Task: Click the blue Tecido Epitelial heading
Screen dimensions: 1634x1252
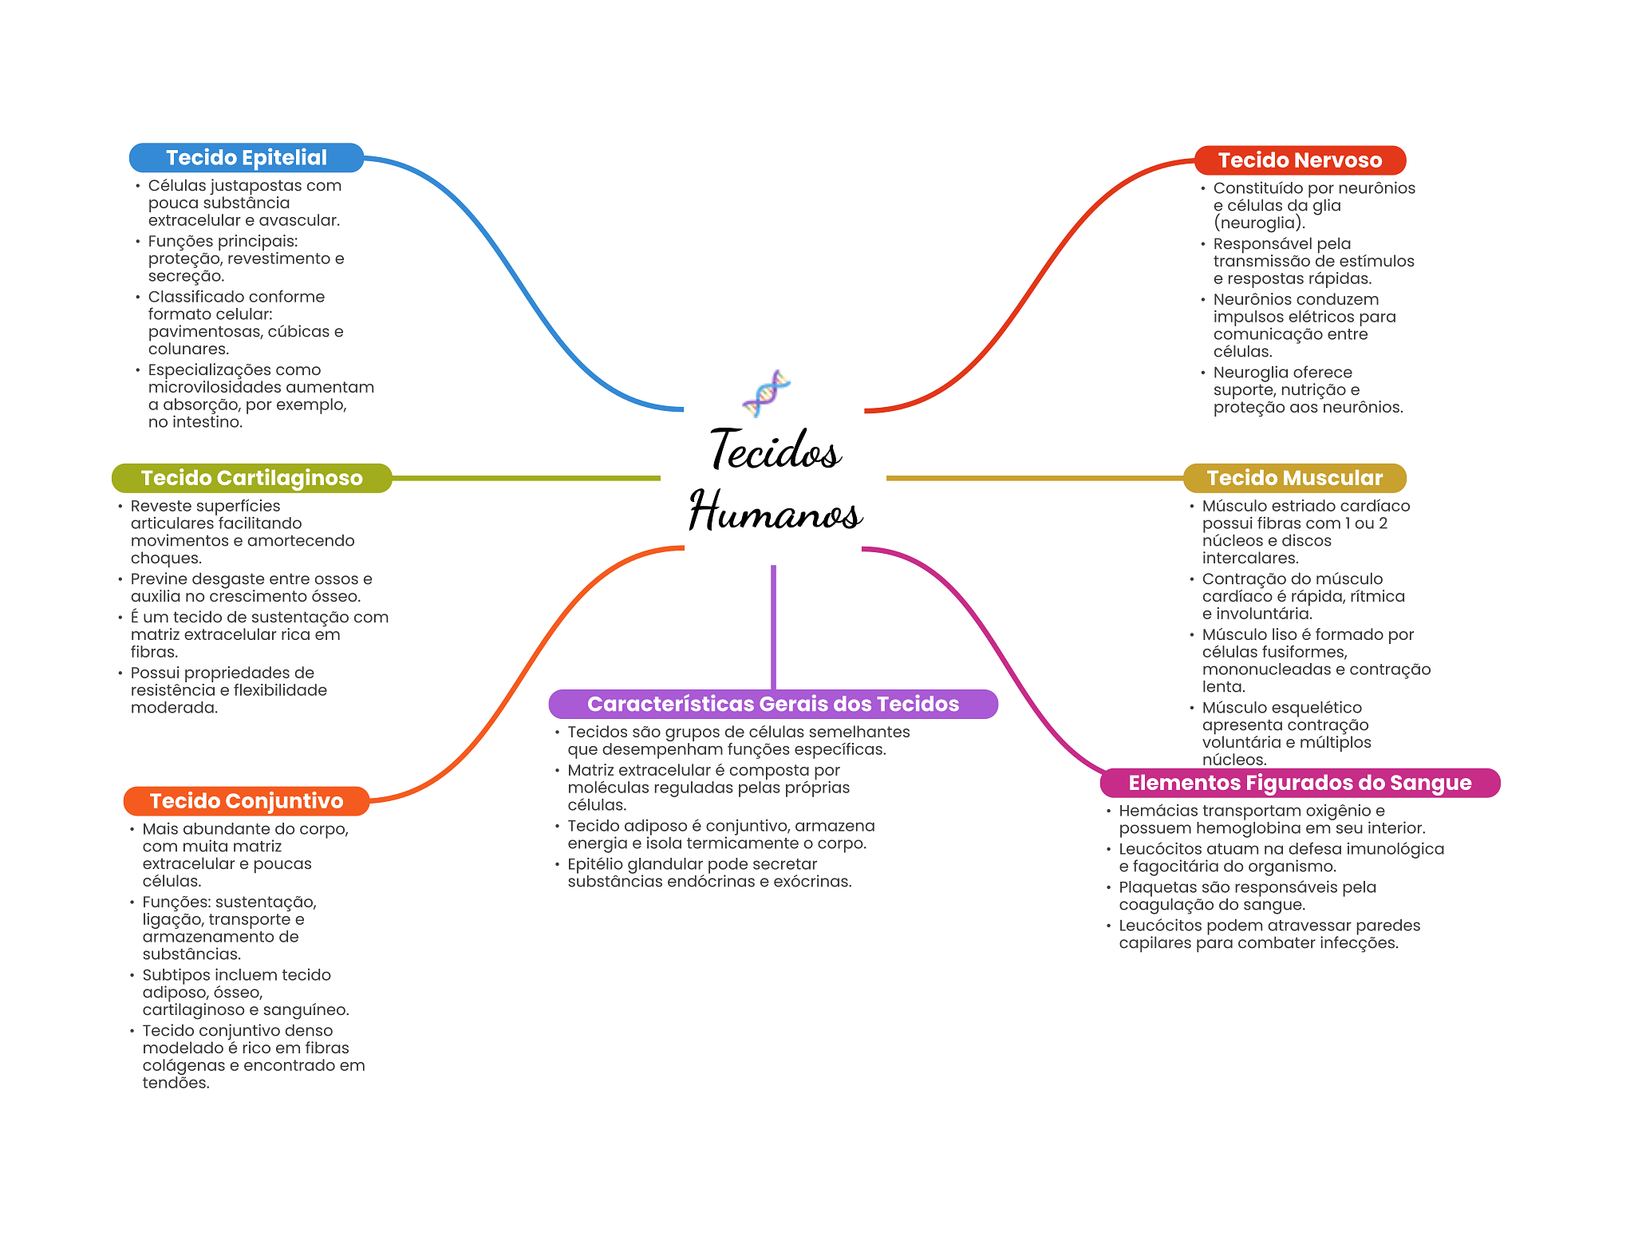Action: [x=247, y=158]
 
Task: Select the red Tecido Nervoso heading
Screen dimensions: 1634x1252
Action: [x=1300, y=160]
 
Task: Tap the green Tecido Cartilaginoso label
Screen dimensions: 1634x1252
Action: [x=252, y=478]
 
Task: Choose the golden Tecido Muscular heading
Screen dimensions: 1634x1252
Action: [x=1294, y=478]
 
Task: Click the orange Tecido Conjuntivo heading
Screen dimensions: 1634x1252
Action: [x=247, y=801]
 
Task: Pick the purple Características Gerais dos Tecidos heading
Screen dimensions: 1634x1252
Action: [x=773, y=704]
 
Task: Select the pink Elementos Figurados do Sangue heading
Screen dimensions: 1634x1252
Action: [x=1300, y=783]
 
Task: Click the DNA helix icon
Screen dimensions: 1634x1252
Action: [x=766, y=393]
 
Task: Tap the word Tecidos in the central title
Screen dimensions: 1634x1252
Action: [x=776, y=449]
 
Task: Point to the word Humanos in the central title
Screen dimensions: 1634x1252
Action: [x=776, y=510]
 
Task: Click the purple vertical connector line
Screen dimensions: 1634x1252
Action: [x=773, y=627]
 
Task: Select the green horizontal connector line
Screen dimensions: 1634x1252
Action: [x=527, y=478]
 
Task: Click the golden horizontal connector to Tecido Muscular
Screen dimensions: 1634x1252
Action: [x=1035, y=478]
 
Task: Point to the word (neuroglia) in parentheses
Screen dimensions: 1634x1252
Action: [x=1259, y=223]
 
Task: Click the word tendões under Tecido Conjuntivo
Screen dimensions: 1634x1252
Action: [x=176, y=1083]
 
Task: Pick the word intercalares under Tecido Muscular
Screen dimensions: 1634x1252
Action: [x=1250, y=559]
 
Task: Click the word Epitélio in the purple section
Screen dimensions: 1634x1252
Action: [x=595, y=864]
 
